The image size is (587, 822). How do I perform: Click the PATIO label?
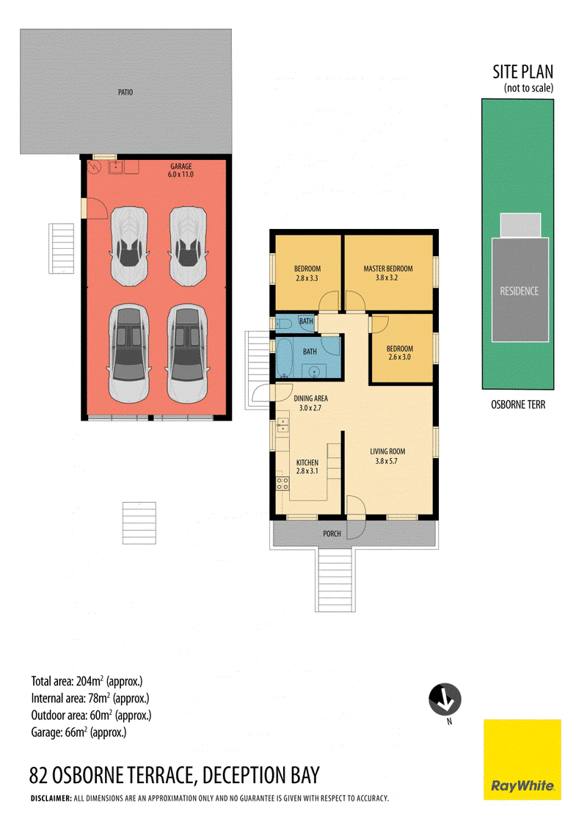125,92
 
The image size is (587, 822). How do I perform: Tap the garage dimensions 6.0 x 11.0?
181,175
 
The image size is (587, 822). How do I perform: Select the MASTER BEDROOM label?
388,269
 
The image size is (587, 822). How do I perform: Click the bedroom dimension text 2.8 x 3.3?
307,278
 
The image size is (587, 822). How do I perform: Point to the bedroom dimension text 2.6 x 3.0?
399,357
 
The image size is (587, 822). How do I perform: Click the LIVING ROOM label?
387,451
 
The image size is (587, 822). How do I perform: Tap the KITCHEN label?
307,462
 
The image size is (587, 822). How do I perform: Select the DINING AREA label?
311,399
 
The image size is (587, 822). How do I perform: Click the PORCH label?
332,534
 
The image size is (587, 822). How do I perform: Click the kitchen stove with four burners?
282,483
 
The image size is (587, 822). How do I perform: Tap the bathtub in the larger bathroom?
285,357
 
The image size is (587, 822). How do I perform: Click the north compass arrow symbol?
445,699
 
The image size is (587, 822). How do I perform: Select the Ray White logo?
522,760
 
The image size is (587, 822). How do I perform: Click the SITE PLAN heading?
522,72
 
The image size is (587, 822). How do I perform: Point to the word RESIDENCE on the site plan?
519,291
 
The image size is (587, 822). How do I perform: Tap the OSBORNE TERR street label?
518,404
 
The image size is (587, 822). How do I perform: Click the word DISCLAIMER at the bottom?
51,799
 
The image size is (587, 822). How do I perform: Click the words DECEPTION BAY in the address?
261,775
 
